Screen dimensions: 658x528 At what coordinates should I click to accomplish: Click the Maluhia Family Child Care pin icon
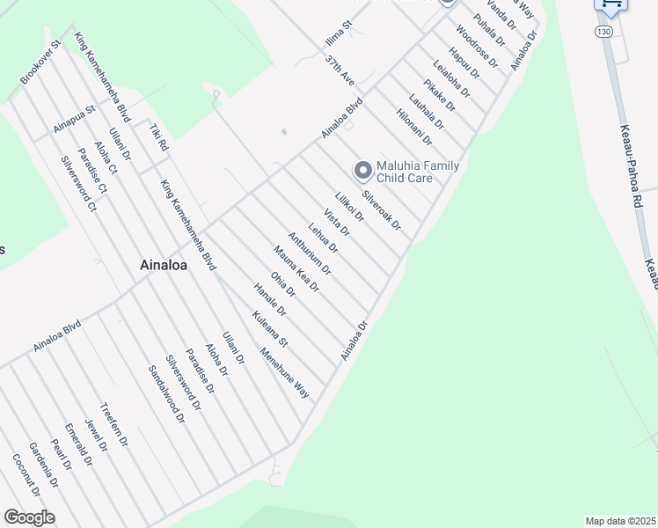point(362,170)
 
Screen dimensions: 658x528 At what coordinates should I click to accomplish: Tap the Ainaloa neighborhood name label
point(166,264)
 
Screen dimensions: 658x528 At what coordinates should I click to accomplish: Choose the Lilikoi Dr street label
point(349,209)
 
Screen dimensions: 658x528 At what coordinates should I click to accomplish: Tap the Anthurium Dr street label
point(309,253)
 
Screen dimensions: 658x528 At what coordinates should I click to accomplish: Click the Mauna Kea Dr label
point(296,268)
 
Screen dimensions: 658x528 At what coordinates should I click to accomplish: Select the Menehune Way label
point(284,375)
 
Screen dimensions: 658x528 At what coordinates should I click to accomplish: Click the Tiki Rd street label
point(157,136)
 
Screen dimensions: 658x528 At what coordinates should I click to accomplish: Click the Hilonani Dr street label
point(414,127)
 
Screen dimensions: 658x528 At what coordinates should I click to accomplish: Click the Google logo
point(29,517)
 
